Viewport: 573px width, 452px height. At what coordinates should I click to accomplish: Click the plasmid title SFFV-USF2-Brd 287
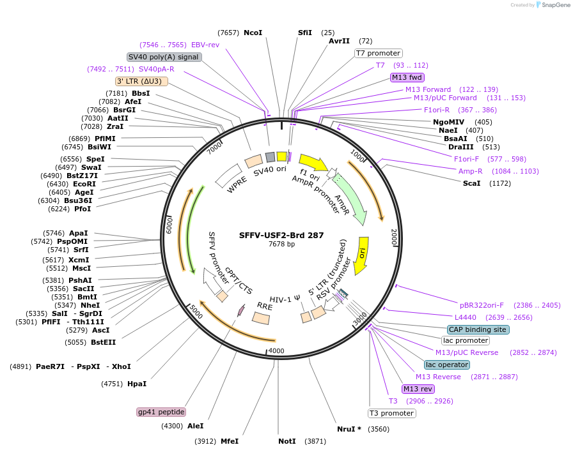pyautogui.click(x=281, y=235)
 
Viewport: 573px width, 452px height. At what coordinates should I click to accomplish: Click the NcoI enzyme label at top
pyautogui.click(x=253, y=33)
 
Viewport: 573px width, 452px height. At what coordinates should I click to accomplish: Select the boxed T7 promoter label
pyautogui.click(x=378, y=53)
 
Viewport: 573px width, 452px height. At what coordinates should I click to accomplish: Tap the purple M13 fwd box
pyautogui.click(x=407, y=77)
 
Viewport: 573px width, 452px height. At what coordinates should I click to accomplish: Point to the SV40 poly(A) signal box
pyautogui.click(x=165, y=57)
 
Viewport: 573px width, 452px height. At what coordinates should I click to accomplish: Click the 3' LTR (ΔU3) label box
pyautogui.click(x=141, y=81)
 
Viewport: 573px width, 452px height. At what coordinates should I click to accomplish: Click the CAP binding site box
pyautogui.click(x=478, y=329)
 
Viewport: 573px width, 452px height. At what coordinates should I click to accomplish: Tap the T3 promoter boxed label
pyautogui.click(x=392, y=413)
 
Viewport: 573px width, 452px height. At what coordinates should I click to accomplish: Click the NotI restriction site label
pyautogui.click(x=287, y=441)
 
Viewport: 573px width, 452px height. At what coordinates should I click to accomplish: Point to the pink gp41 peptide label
pyautogui.click(x=161, y=412)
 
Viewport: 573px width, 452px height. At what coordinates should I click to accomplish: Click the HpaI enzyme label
pyautogui.click(x=137, y=384)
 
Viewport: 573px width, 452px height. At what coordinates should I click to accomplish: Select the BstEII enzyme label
pyautogui.click(x=103, y=342)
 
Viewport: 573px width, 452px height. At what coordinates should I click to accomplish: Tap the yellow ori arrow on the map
pyautogui.click(x=361, y=255)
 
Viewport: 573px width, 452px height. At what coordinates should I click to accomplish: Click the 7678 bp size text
pyautogui.click(x=281, y=245)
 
